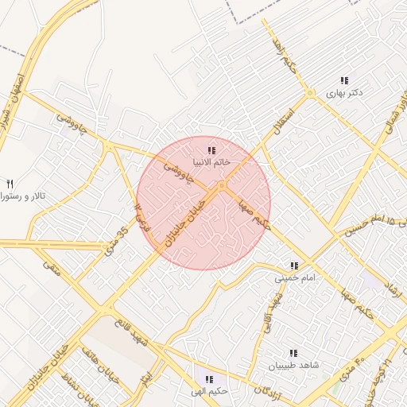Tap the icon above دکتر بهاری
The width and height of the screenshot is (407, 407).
[x=344, y=80]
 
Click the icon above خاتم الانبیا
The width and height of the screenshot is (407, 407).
[x=211, y=149]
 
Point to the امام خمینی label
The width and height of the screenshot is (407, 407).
[x=295, y=278]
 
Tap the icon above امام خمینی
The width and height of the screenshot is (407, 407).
[x=294, y=266]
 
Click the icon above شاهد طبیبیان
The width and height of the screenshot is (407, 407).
[x=293, y=353]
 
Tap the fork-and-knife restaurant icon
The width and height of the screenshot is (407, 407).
[x=10, y=183]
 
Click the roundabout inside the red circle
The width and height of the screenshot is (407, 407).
[x=221, y=186]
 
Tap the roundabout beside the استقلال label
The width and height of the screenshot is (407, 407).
[x=309, y=94]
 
